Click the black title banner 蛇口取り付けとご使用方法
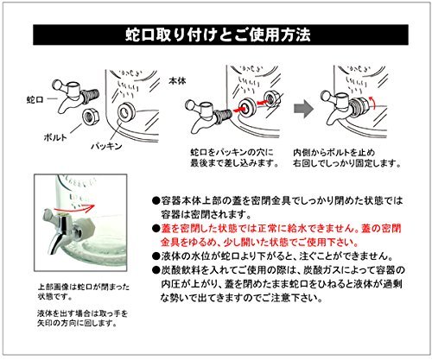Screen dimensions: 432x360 (220, 35)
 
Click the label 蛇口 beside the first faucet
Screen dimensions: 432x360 (35, 99)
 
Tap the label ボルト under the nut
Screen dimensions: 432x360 (55, 137)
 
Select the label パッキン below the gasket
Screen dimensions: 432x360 (107, 146)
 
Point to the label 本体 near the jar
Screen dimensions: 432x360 (177, 81)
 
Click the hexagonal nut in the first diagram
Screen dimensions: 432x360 (91, 116)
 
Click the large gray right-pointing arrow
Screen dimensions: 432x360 (303, 109)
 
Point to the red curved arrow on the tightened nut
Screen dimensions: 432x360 (373, 103)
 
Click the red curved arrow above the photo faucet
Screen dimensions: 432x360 (74, 207)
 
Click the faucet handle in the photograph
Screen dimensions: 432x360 (50, 218)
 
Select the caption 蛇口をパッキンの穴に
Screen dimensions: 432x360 (232, 152)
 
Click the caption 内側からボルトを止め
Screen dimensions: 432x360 (334, 152)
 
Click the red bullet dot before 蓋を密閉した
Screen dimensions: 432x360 (156, 229)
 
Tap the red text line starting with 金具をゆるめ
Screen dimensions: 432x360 (259, 243)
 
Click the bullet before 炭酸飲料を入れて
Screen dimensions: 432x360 (156, 270)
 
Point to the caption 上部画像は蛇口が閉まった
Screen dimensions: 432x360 (84, 287)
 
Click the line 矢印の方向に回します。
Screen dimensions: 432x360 (77, 323)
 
